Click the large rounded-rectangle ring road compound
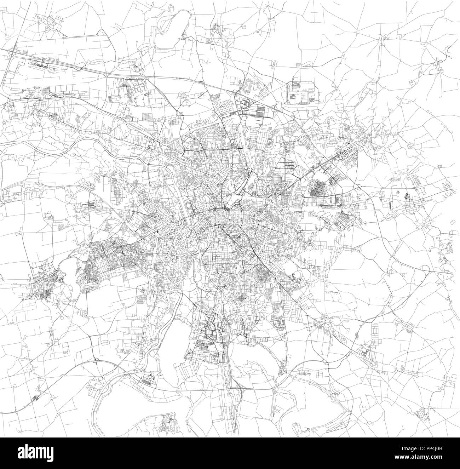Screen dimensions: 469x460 [x=303, y=93]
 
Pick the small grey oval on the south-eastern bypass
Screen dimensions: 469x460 [x=356, y=334]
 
